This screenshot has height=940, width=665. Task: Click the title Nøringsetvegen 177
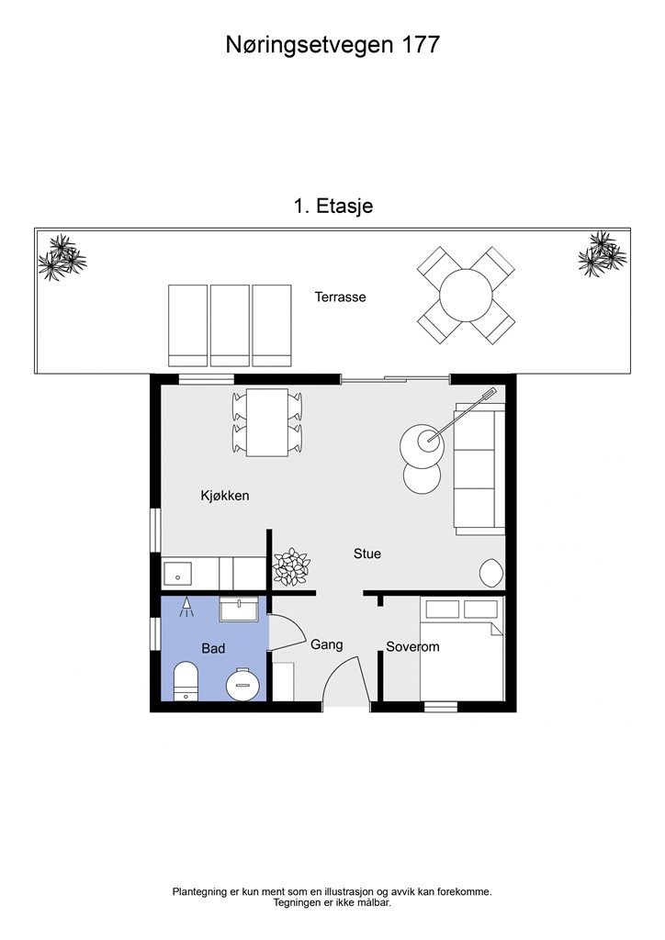tap(332, 45)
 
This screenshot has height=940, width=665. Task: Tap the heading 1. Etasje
tap(332, 206)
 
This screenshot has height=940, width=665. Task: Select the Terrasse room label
tap(340, 297)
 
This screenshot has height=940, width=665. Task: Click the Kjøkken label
tap(225, 496)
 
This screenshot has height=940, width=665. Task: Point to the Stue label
tap(367, 554)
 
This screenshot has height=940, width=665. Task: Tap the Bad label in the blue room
tap(213, 648)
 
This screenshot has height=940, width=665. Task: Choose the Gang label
tap(327, 645)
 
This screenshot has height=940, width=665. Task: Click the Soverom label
tap(412, 646)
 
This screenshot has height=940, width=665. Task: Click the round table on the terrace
tap(466, 296)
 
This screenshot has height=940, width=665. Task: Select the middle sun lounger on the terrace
tap(230, 326)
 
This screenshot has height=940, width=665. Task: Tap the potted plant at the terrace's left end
tap(62, 257)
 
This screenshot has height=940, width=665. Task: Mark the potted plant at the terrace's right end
tap(602, 254)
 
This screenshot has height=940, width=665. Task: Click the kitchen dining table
tap(267, 422)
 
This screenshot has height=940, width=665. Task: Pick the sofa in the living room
tap(479, 469)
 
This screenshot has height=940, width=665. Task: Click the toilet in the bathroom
tap(186, 682)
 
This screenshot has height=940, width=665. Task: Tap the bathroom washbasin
tap(239, 609)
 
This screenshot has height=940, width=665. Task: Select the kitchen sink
tap(177, 574)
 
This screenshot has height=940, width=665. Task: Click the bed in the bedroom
tap(462, 649)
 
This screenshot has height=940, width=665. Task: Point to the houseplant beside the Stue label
tap(291, 565)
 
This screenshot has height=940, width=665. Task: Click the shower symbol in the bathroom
tap(186, 608)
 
